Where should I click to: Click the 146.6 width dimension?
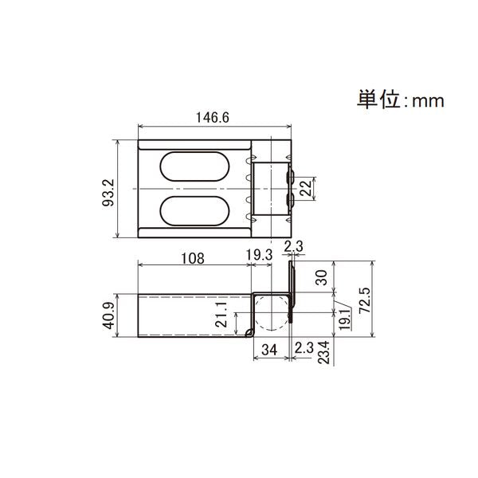[213, 117]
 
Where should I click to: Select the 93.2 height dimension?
[109, 192]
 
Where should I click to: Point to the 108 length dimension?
[192, 258]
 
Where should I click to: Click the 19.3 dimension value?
[258, 254]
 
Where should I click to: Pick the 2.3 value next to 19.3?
[292, 248]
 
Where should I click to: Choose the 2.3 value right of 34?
[304, 348]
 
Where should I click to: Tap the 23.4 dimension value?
[323, 353]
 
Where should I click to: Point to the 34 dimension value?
[268, 348]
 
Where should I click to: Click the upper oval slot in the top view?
[194, 168]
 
